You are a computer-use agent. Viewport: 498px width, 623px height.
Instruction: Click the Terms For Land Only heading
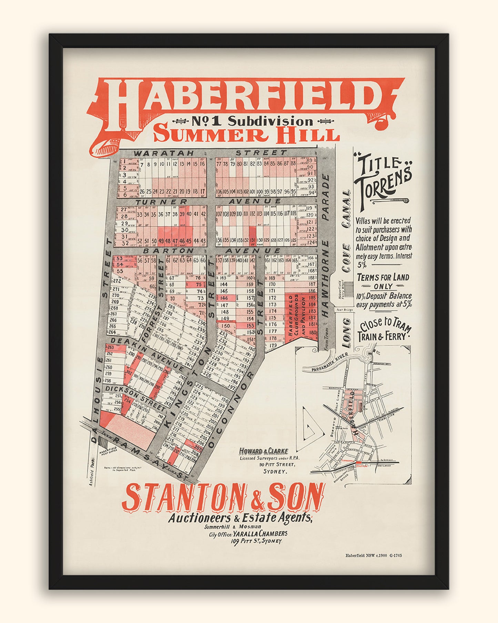click(383, 281)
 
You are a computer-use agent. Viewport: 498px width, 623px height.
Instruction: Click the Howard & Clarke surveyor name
click(264, 451)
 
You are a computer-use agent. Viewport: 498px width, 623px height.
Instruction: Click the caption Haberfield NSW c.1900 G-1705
click(373, 555)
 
